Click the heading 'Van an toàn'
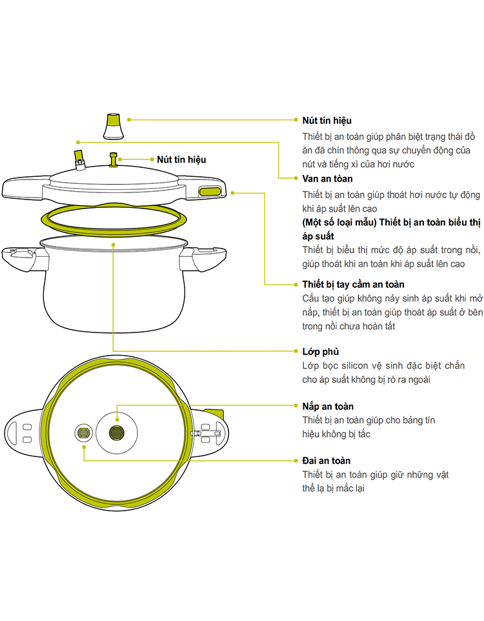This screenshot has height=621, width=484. [327, 179]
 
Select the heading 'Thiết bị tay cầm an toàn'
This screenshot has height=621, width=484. [353, 284]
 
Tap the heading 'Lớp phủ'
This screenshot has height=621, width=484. [321, 352]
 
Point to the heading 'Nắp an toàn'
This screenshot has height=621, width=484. [328, 406]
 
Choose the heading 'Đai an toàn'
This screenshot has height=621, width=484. [327, 460]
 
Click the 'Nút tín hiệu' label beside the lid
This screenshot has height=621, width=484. [182, 159]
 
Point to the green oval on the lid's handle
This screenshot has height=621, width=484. [209, 192]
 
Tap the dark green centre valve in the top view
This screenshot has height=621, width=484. [117, 433]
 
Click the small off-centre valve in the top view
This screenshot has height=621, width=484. [83, 433]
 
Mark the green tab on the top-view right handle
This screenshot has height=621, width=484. [214, 414]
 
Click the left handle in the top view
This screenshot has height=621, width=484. [23, 433]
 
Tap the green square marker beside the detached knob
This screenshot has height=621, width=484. [129, 119]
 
